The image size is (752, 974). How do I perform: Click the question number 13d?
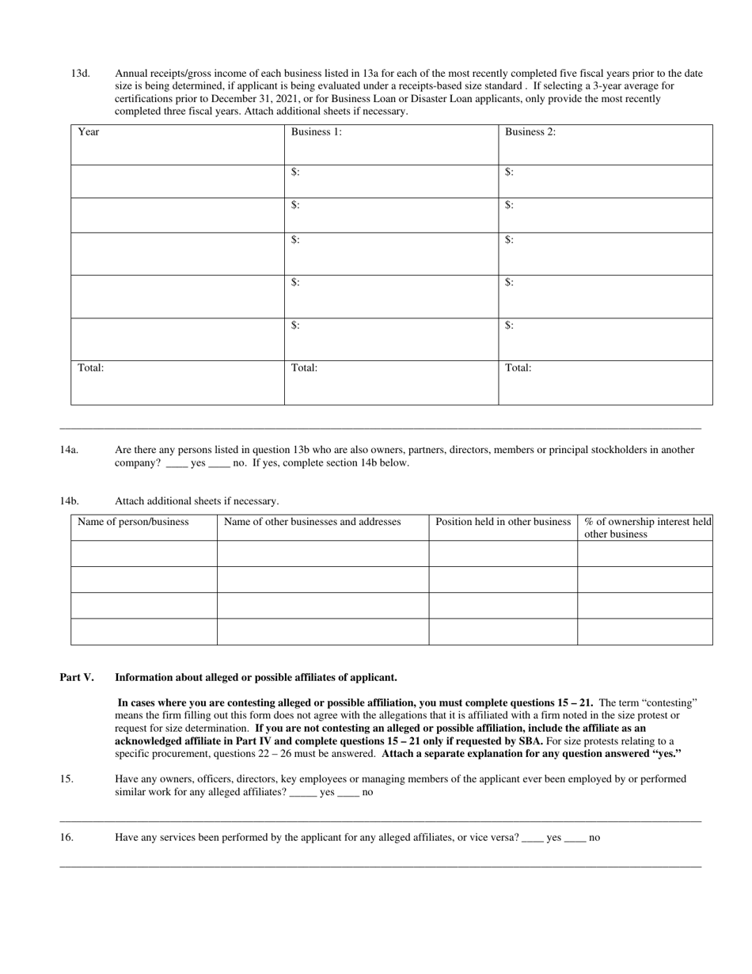80,74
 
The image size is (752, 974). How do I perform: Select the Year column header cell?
177,144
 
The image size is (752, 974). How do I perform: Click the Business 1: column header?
391,144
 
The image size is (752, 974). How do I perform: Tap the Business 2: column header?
605,144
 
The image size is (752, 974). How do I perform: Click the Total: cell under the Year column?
177,382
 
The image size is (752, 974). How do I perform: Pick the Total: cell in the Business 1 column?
391,382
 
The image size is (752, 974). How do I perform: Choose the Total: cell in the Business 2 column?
605,382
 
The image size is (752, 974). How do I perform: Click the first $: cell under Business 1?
391,181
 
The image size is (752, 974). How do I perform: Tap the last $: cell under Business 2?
605,339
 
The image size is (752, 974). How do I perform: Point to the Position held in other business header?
503,522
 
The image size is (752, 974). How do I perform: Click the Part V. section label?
77,678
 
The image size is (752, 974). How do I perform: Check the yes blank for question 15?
302,792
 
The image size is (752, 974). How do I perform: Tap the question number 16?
66,837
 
